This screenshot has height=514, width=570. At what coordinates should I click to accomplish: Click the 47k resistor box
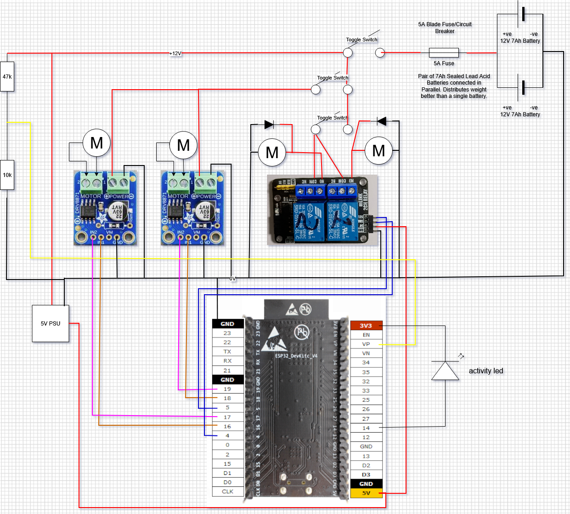7,76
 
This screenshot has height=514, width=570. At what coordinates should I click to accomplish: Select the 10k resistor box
7,175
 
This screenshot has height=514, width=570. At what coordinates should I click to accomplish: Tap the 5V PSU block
51,323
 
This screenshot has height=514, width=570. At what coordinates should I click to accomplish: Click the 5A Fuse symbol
444,52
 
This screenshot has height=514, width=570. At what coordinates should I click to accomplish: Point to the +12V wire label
175,53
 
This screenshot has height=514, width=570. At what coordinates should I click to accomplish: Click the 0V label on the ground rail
232,279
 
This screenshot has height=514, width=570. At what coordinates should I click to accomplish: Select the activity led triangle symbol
445,371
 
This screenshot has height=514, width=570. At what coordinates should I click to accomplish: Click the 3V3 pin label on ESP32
366,326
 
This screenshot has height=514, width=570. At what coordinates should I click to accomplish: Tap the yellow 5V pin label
366,493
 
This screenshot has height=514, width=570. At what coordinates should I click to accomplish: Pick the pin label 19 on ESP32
227,389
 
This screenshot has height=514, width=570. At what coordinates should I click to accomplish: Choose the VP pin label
366,344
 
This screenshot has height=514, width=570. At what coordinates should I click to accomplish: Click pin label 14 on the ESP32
366,428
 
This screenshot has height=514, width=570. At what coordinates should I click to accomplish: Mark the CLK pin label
227,491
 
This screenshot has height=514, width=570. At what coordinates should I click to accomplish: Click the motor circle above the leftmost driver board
96,143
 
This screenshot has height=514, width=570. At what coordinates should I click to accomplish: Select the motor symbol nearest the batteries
378,150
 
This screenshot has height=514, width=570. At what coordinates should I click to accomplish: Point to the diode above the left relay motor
270,124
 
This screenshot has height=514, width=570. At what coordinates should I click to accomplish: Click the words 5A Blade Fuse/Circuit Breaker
445,28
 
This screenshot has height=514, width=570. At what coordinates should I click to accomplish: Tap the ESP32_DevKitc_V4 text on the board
296,356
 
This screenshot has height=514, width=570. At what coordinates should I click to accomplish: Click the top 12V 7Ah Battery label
520,41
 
